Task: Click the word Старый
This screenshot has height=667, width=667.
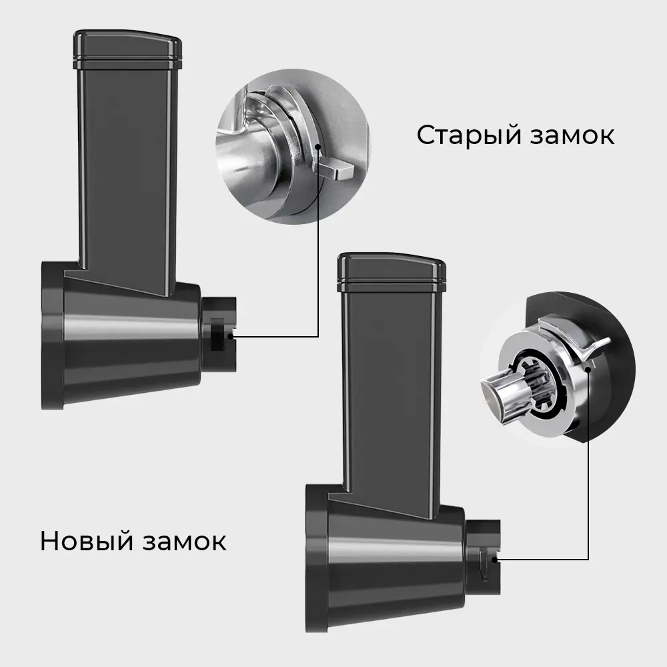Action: point(468,135)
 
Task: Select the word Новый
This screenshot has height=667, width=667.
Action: point(85,540)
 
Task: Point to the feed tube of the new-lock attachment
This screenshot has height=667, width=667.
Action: point(391,394)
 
